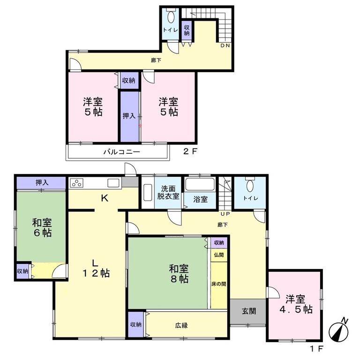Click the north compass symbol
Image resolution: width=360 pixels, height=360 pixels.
pos(338,330)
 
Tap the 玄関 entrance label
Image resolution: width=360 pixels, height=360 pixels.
pos(248,311)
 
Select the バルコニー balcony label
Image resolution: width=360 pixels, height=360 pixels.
pos(121,152)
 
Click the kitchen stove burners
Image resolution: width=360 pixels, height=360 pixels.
pos(76,183)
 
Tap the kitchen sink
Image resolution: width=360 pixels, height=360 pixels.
pos(113,183)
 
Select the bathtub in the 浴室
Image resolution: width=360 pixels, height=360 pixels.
pos(200,184)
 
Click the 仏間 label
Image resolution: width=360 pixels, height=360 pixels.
pos(218,255)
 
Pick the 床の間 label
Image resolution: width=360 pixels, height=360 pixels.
pos(218,284)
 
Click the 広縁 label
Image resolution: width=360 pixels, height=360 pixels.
pos(181,325)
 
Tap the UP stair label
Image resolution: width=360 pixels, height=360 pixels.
pos(225,214)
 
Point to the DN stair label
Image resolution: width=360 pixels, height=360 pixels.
pos(225,45)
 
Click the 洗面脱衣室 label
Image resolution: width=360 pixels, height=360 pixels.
pos(168,192)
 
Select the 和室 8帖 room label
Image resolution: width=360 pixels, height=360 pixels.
pos(179,273)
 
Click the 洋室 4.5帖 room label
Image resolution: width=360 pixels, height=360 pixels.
pos(296,304)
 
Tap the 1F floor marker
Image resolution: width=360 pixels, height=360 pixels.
pos(316,349)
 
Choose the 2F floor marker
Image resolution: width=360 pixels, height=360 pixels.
pos(190,151)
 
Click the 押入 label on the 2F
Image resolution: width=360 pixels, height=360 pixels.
pos(129,116)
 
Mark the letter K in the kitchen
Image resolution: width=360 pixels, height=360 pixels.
pos(105,198)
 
